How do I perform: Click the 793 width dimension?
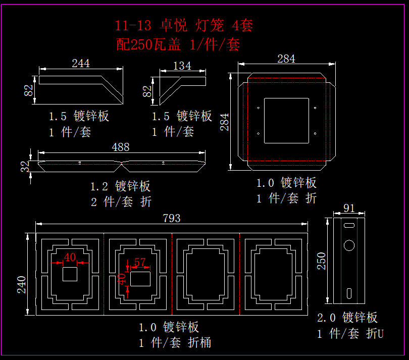click(x=172, y=218)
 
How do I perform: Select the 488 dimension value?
click(x=121, y=147)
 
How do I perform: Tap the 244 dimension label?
click(x=81, y=63)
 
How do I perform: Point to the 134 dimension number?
click(x=182, y=66)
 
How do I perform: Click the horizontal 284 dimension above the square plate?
click(x=286, y=59)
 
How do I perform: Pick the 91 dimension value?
click(x=349, y=208)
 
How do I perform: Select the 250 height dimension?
click(x=322, y=261)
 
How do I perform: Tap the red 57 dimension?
click(x=139, y=262)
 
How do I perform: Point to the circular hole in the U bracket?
click(x=349, y=246)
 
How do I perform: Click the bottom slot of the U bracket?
click(x=349, y=293)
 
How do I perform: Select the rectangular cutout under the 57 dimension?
click(x=140, y=278)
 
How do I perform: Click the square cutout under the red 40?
click(x=70, y=274)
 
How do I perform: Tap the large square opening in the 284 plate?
click(x=286, y=121)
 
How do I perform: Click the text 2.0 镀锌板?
click(x=347, y=318)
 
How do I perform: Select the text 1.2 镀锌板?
click(x=120, y=186)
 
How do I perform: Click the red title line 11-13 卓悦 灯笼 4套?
click(x=184, y=25)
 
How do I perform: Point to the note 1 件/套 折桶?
click(x=175, y=343)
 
